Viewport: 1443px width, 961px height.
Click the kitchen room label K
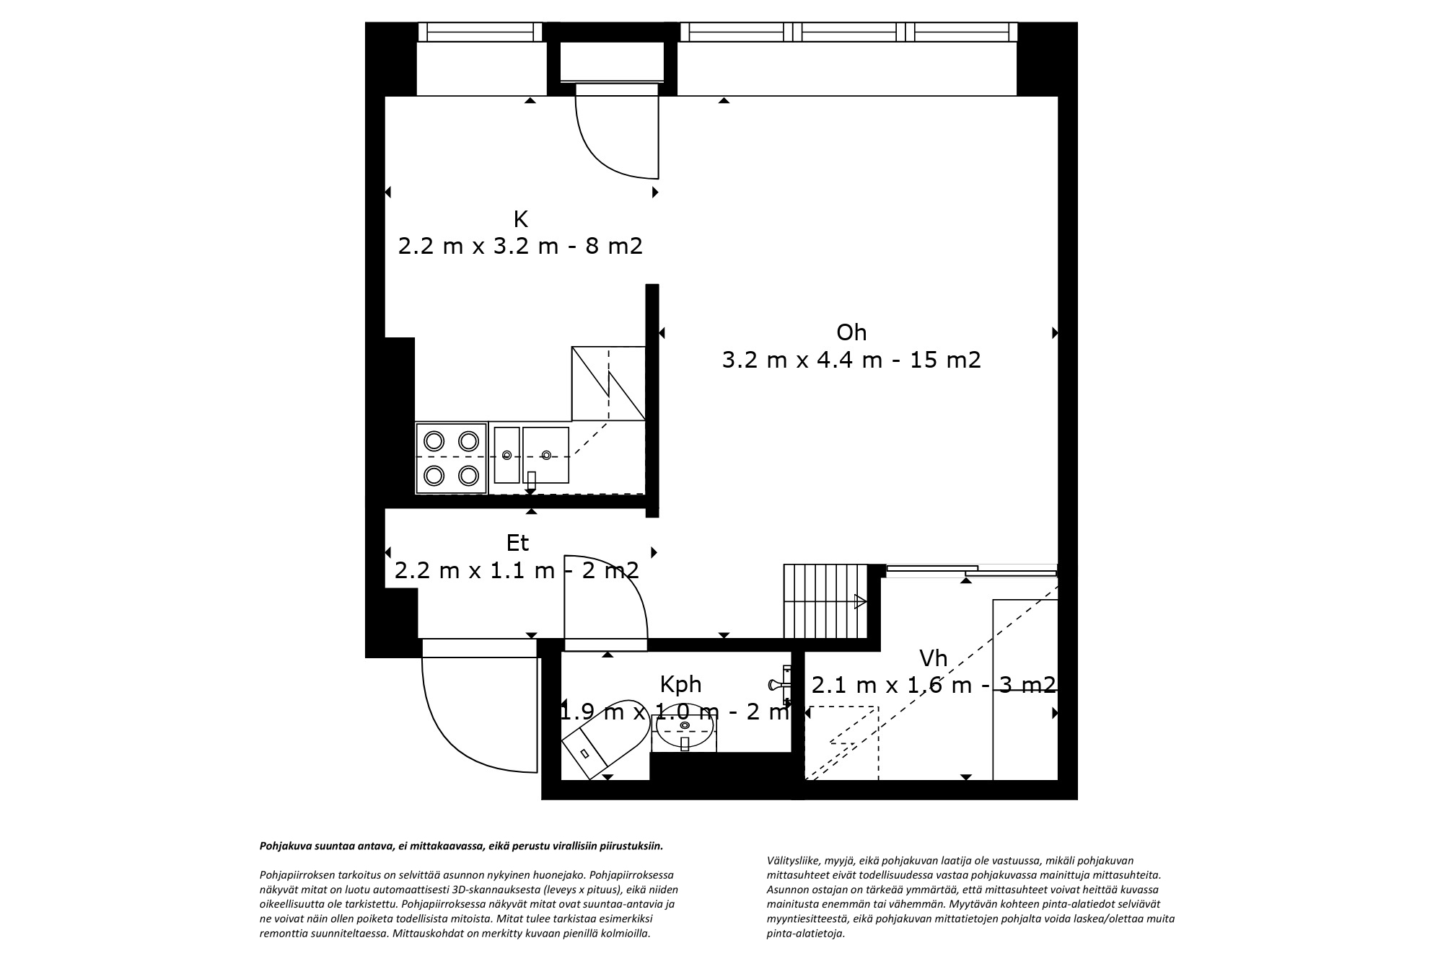pyautogui.click(x=521, y=218)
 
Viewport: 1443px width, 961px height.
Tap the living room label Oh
pyautogui.click(x=851, y=332)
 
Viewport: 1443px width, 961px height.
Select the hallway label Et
pyautogui.click(x=518, y=542)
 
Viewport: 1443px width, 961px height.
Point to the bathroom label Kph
pyautogui.click(x=680, y=683)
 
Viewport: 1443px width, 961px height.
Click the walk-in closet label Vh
pyautogui.click(x=933, y=658)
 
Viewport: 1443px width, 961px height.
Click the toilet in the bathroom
pyautogui.click(x=604, y=738)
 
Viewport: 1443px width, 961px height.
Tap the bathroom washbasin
pyautogui.click(x=684, y=728)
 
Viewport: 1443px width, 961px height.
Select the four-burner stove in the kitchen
pyautogui.click(x=452, y=458)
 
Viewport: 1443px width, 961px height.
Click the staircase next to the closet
pyautogui.click(x=825, y=601)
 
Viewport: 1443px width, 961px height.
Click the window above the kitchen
pyautogui.click(x=481, y=32)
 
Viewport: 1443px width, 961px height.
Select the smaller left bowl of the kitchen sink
pyautogui.click(x=506, y=455)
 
